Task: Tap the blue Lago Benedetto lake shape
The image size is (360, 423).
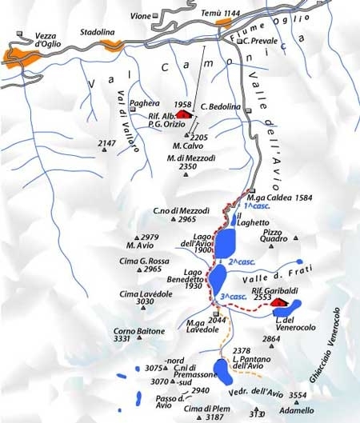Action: [x=218, y=282]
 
